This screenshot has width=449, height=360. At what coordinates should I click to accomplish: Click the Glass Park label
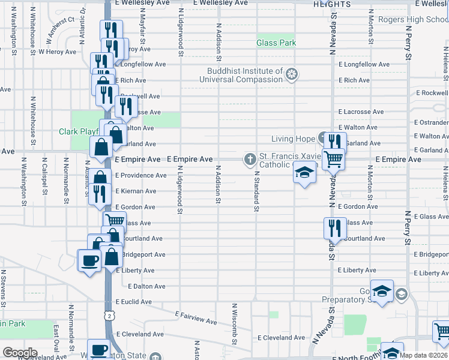point(276,43)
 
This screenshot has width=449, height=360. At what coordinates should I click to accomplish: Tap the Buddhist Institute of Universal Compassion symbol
point(292,74)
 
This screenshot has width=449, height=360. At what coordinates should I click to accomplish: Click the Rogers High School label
point(413,19)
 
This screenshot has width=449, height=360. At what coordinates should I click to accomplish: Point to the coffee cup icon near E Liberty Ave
point(90,260)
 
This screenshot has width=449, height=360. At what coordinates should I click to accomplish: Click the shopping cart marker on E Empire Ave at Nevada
point(333,160)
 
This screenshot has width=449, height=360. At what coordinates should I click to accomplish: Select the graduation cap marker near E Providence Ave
point(305,173)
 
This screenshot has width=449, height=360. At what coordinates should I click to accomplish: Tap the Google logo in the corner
point(20,353)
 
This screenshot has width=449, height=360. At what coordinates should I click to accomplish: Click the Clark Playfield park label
point(79,131)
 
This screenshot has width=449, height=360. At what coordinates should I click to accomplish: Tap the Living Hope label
point(293,139)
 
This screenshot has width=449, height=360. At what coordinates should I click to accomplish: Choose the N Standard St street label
point(256,191)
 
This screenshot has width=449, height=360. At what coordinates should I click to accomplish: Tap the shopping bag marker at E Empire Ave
point(101,146)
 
